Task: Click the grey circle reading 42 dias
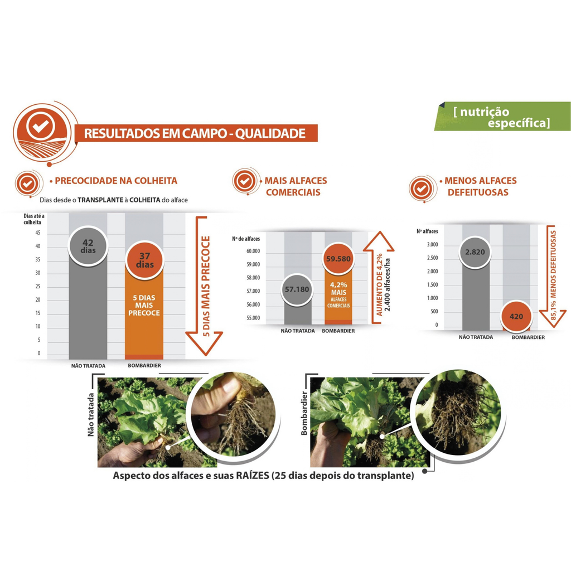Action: point(88,246)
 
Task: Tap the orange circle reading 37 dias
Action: point(144,260)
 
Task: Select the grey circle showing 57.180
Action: point(297,289)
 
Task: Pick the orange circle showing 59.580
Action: point(338,259)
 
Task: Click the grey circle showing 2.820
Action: point(475,252)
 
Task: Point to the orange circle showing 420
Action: point(516,317)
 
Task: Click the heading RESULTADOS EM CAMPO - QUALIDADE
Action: point(195,134)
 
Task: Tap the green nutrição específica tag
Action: point(502,117)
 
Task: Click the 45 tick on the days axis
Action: point(38,233)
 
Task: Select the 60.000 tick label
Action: point(253,251)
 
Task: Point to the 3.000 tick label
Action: point(432,245)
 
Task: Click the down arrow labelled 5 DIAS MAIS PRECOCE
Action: point(204,286)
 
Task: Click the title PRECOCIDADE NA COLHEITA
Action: point(116,181)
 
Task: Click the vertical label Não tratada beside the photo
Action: point(91,414)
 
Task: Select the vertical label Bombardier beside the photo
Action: point(304,413)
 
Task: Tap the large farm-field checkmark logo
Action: point(42,133)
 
